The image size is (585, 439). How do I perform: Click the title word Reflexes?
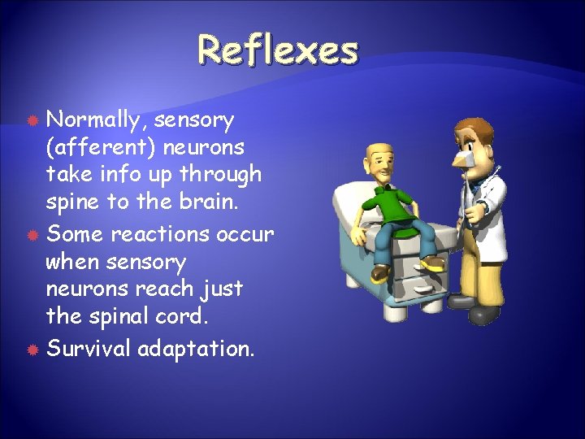tap(278, 50)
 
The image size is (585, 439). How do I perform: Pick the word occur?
tap(246, 234)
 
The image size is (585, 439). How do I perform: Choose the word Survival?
tap(89, 349)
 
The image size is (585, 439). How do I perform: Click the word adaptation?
tap(196, 350)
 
